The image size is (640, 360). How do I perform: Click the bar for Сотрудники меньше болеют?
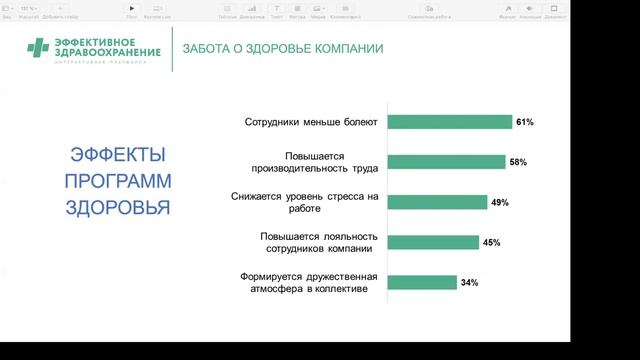pyautogui.click(x=448, y=122)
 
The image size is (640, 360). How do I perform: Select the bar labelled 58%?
pyautogui.click(x=445, y=162)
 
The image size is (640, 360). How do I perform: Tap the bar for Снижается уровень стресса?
pyautogui.click(x=435, y=202)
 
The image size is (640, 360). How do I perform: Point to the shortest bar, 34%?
pyautogui.click(x=421, y=282)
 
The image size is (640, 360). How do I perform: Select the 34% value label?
pyautogui.click(x=469, y=283)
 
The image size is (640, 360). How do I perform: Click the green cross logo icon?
pyautogui.click(x=38, y=48)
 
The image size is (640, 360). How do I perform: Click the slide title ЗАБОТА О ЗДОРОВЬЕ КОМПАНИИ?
pyautogui.click(x=283, y=49)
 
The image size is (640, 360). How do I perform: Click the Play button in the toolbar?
pyautogui.click(x=132, y=8)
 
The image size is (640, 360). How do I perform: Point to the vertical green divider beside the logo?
pyautogui.click(x=171, y=49)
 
